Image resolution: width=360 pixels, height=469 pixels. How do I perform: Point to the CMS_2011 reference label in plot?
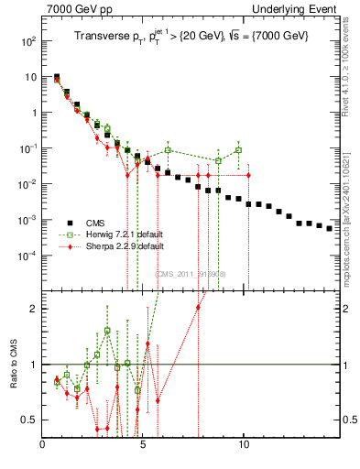click(191, 274)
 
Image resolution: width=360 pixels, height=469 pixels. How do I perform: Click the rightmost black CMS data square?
click(330, 228)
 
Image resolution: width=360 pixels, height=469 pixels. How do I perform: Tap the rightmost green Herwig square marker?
click(238, 150)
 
